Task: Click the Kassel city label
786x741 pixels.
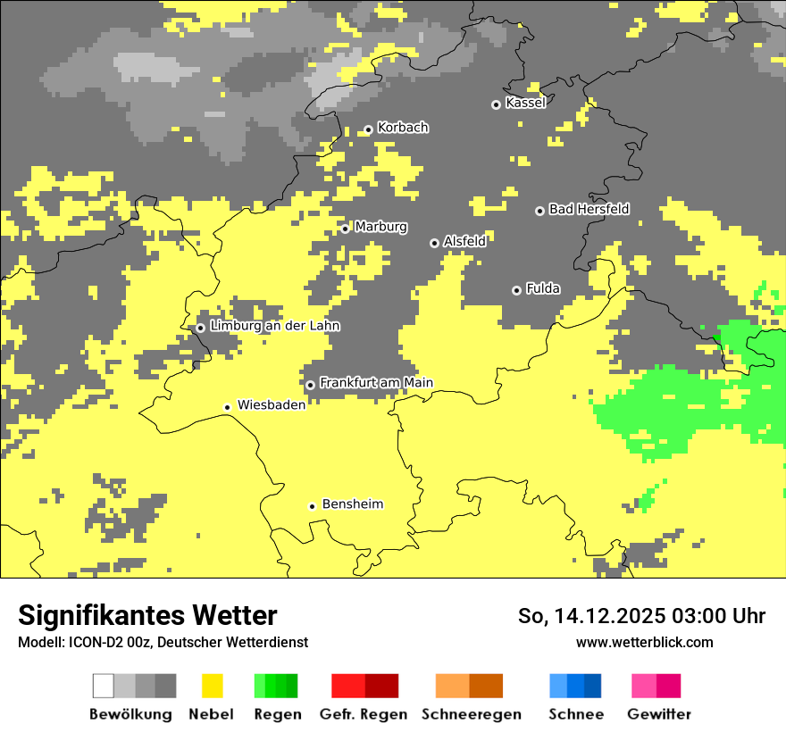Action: click(x=525, y=103)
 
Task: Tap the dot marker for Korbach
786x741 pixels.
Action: click(x=368, y=129)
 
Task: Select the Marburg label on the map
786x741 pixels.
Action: click(x=380, y=227)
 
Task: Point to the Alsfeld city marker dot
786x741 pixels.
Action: click(x=434, y=243)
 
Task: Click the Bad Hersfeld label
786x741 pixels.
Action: click(x=589, y=209)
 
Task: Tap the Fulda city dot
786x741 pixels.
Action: click(x=516, y=290)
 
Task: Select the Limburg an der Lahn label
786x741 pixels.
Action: click(x=274, y=326)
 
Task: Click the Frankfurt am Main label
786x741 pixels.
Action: click(x=376, y=383)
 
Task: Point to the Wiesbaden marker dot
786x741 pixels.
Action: click(x=228, y=407)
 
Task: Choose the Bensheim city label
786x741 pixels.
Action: click(x=352, y=504)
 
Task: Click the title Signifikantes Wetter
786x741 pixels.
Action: click(x=147, y=615)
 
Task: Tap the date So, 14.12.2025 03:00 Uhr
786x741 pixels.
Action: click(x=641, y=616)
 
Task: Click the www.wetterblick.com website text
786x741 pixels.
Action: click(x=644, y=642)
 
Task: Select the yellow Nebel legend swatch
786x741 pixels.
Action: click(x=212, y=686)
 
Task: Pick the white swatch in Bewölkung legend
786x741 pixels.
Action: click(x=104, y=686)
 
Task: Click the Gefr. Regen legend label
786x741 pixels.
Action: click(x=364, y=714)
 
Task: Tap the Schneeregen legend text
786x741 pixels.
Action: click(x=472, y=714)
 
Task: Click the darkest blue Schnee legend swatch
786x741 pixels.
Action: click(x=592, y=686)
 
